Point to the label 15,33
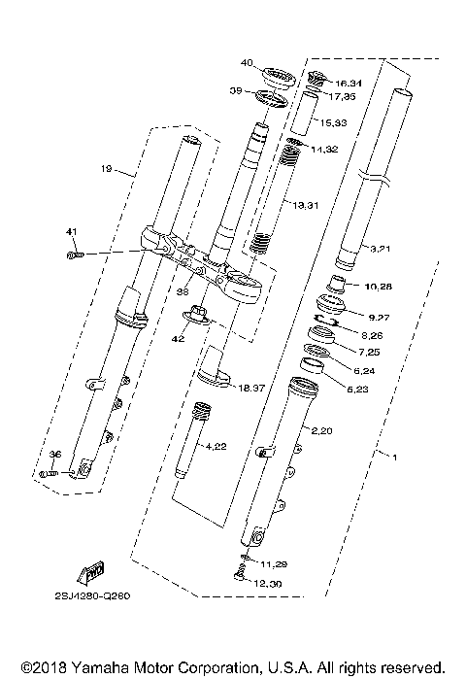coord(334,122)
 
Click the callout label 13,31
coord(306,205)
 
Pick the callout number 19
coord(107,168)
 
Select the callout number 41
coord(70,231)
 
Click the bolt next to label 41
coord(75,255)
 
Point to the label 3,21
coord(381,250)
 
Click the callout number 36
coord(55,455)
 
